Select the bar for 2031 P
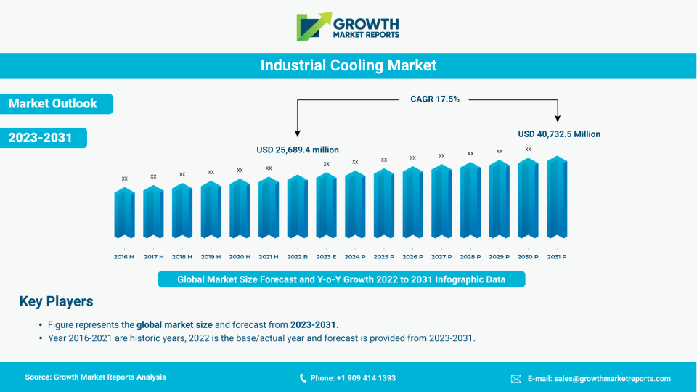click(557, 197)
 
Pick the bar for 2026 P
click(412, 203)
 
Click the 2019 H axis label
click(211, 257)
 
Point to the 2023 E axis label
click(326, 257)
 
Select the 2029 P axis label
click(499, 257)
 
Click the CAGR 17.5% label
click(435, 99)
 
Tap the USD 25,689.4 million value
click(298, 150)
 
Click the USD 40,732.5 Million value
click(559, 134)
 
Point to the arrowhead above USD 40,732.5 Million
click(558, 118)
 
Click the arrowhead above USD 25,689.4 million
click(297, 133)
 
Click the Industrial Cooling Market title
click(348, 65)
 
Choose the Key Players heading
click(56, 301)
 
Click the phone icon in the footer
click(303, 378)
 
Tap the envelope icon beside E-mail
click(516, 378)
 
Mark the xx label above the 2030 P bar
click(528, 149)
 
